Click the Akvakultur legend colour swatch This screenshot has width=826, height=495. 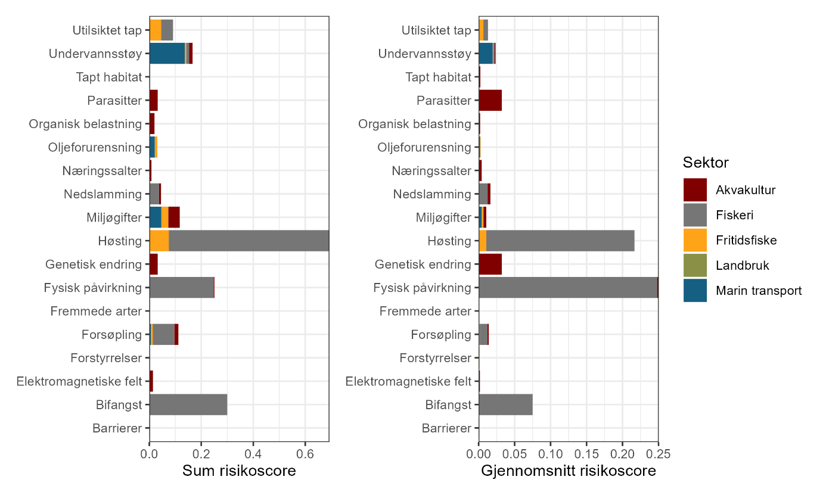[695, 190]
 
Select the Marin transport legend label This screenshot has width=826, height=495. [759, 291]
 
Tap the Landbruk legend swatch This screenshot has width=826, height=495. [695, 266]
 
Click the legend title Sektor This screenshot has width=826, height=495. [706, 163]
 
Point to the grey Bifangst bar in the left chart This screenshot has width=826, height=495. [188, 405]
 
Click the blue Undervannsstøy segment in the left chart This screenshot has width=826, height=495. [167, 54]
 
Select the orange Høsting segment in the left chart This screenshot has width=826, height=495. [159, 241]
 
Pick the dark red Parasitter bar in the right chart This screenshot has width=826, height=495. [490, 100]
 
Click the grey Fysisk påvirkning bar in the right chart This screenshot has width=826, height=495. [567, 288]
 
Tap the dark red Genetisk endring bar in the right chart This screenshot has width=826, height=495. [490, 264]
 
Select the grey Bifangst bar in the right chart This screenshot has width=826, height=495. [505, 405]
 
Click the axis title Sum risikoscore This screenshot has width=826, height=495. [239, 471]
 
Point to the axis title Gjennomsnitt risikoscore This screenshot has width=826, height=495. [569, 471]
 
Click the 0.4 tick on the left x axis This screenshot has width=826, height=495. [253, 453]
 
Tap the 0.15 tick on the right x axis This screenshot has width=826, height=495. [586, 453]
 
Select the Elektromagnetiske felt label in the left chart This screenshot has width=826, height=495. [79, 381]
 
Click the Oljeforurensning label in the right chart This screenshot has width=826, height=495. [424, 147]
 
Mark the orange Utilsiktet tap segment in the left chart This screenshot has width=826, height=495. [156, 30]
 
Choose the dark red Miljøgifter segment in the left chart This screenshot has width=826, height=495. [174, 217]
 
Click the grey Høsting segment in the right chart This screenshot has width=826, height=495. [560, 241]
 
